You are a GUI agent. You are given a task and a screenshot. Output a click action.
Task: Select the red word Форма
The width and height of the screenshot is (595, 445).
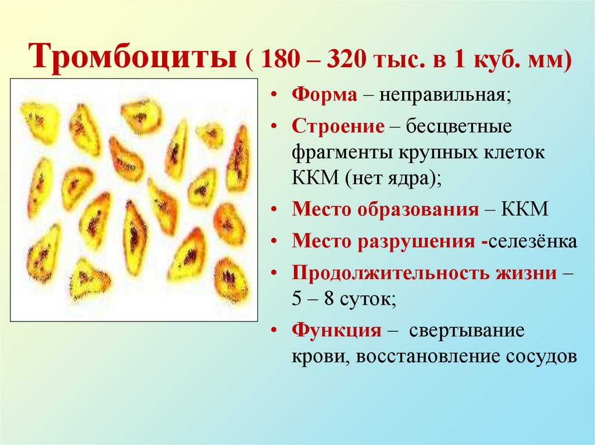[324, 95]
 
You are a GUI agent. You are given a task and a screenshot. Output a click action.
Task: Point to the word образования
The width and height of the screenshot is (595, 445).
[419, 209]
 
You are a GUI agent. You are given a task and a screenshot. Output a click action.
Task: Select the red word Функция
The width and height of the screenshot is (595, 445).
[336, 331]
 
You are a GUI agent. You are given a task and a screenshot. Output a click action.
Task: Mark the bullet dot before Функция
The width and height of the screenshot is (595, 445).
[273, 331]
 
